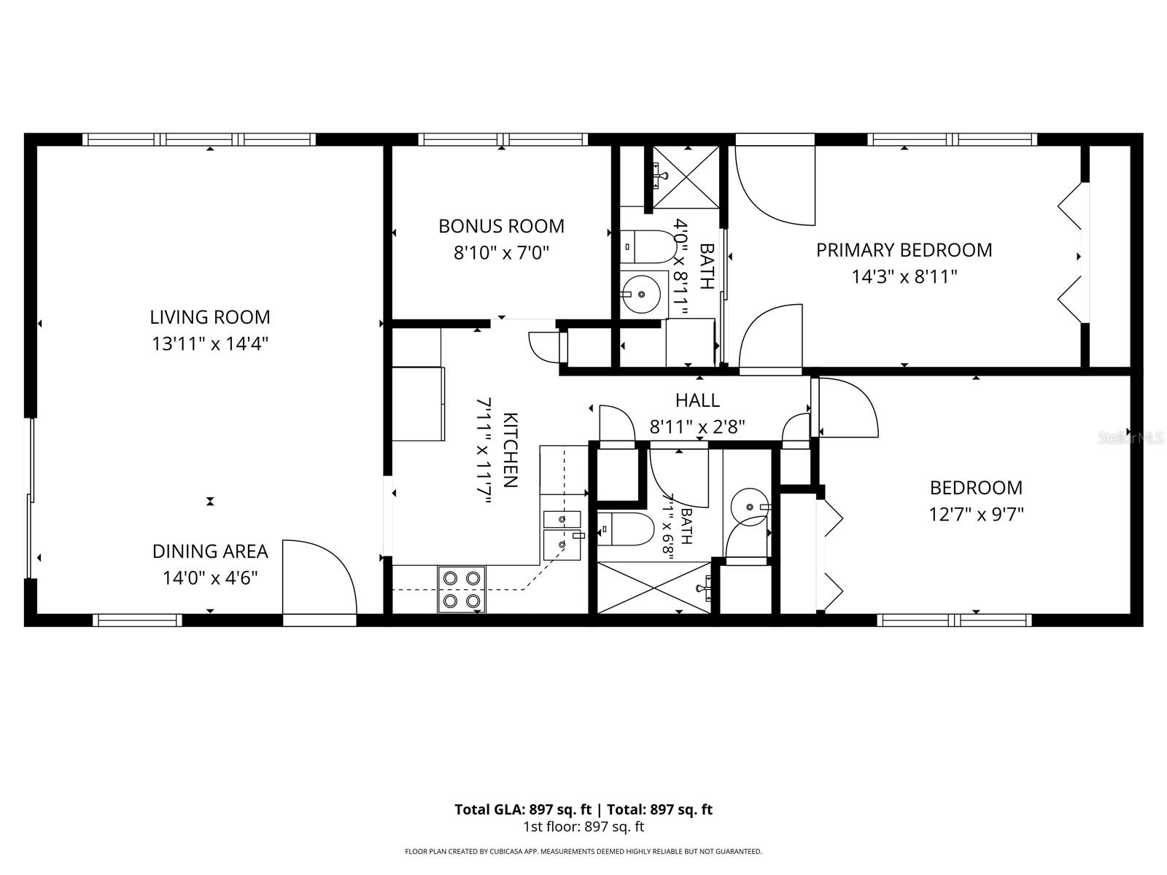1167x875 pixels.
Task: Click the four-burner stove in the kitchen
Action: (x=461, y=590)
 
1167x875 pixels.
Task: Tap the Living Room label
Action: (x=210, y=317)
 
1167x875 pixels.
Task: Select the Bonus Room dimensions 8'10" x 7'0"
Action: (x=501, y=253)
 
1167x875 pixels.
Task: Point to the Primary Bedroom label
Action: (x=904, y=250)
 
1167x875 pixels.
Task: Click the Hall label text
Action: (x=697, y=400)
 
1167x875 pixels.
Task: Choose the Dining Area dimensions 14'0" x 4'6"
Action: (x=210, y=578)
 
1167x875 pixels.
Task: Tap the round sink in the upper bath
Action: (x=642, y=294)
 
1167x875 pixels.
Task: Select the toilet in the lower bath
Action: (x=625, y=529)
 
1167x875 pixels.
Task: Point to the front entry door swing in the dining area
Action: (x=319, y=577)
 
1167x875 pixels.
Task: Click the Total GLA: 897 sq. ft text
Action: (x=523, y=809)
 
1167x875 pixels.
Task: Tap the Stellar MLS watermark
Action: (x=1130, y=438)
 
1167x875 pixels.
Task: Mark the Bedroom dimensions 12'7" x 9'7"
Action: (x=976, y=514)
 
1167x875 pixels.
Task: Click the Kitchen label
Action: (x=510, y=450)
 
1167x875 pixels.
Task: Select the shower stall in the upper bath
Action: (x=686, y=177)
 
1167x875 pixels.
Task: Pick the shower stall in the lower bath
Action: (x=654, y=588)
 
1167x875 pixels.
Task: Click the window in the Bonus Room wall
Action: (x=503, y=139)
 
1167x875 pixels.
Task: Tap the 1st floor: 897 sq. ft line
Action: (x=583, y=827)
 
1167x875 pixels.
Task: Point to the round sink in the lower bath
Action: (x=750, y=507)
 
